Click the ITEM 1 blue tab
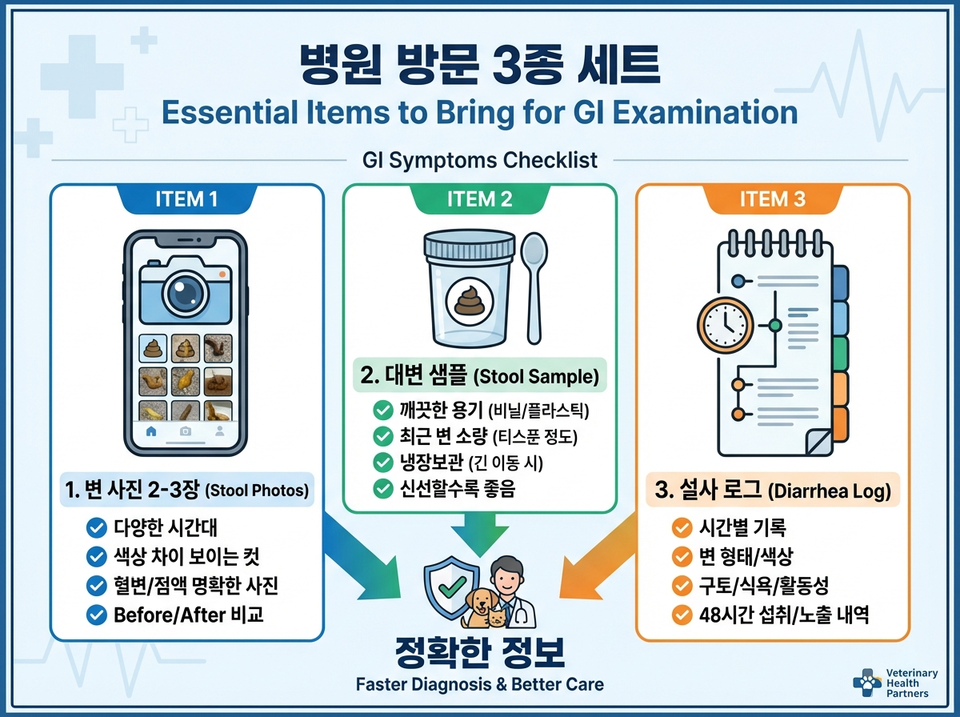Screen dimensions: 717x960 click(x=186, y=199)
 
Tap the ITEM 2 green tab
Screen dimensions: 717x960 click(x=480, y=199)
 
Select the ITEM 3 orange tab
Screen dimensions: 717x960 click(x=773, y=199)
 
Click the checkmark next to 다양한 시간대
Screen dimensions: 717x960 click(x=96, y=527)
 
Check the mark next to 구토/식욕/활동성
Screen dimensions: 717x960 click(x=682, y=586)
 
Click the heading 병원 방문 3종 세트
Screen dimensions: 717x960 click(x=480, y=64)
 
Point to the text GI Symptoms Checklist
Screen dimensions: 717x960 click(x=480, y=160)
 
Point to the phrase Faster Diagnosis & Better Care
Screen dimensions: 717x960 click(x=480, y=684)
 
